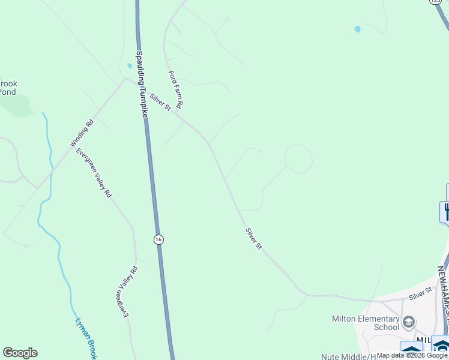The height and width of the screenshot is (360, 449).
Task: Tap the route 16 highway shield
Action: [x=158, y=239]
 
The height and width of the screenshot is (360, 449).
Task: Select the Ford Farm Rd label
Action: [x=175, y=90]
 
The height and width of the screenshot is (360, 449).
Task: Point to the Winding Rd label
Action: [x=82, y=133]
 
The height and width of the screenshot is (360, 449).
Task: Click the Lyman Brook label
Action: [x=85, y=338]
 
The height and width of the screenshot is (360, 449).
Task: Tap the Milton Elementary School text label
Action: [x=374, y=323]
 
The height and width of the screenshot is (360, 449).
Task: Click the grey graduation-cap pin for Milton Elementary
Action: [x=409, y=323]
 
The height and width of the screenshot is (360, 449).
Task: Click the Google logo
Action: [x=20, y=353]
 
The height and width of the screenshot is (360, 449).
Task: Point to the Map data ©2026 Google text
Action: [x=412, y=355]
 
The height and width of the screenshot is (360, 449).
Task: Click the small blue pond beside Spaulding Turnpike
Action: [x=129, y=66]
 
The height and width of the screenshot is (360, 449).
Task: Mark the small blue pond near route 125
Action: [x=358, y=29]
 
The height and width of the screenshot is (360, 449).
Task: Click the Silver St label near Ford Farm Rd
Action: [x=160, y=102]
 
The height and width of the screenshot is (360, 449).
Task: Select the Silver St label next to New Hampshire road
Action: [x=420, y=293]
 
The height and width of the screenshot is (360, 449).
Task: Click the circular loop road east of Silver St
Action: [x=298, y=158]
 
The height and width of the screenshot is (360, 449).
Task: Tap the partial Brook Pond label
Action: [x=7, y=88]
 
